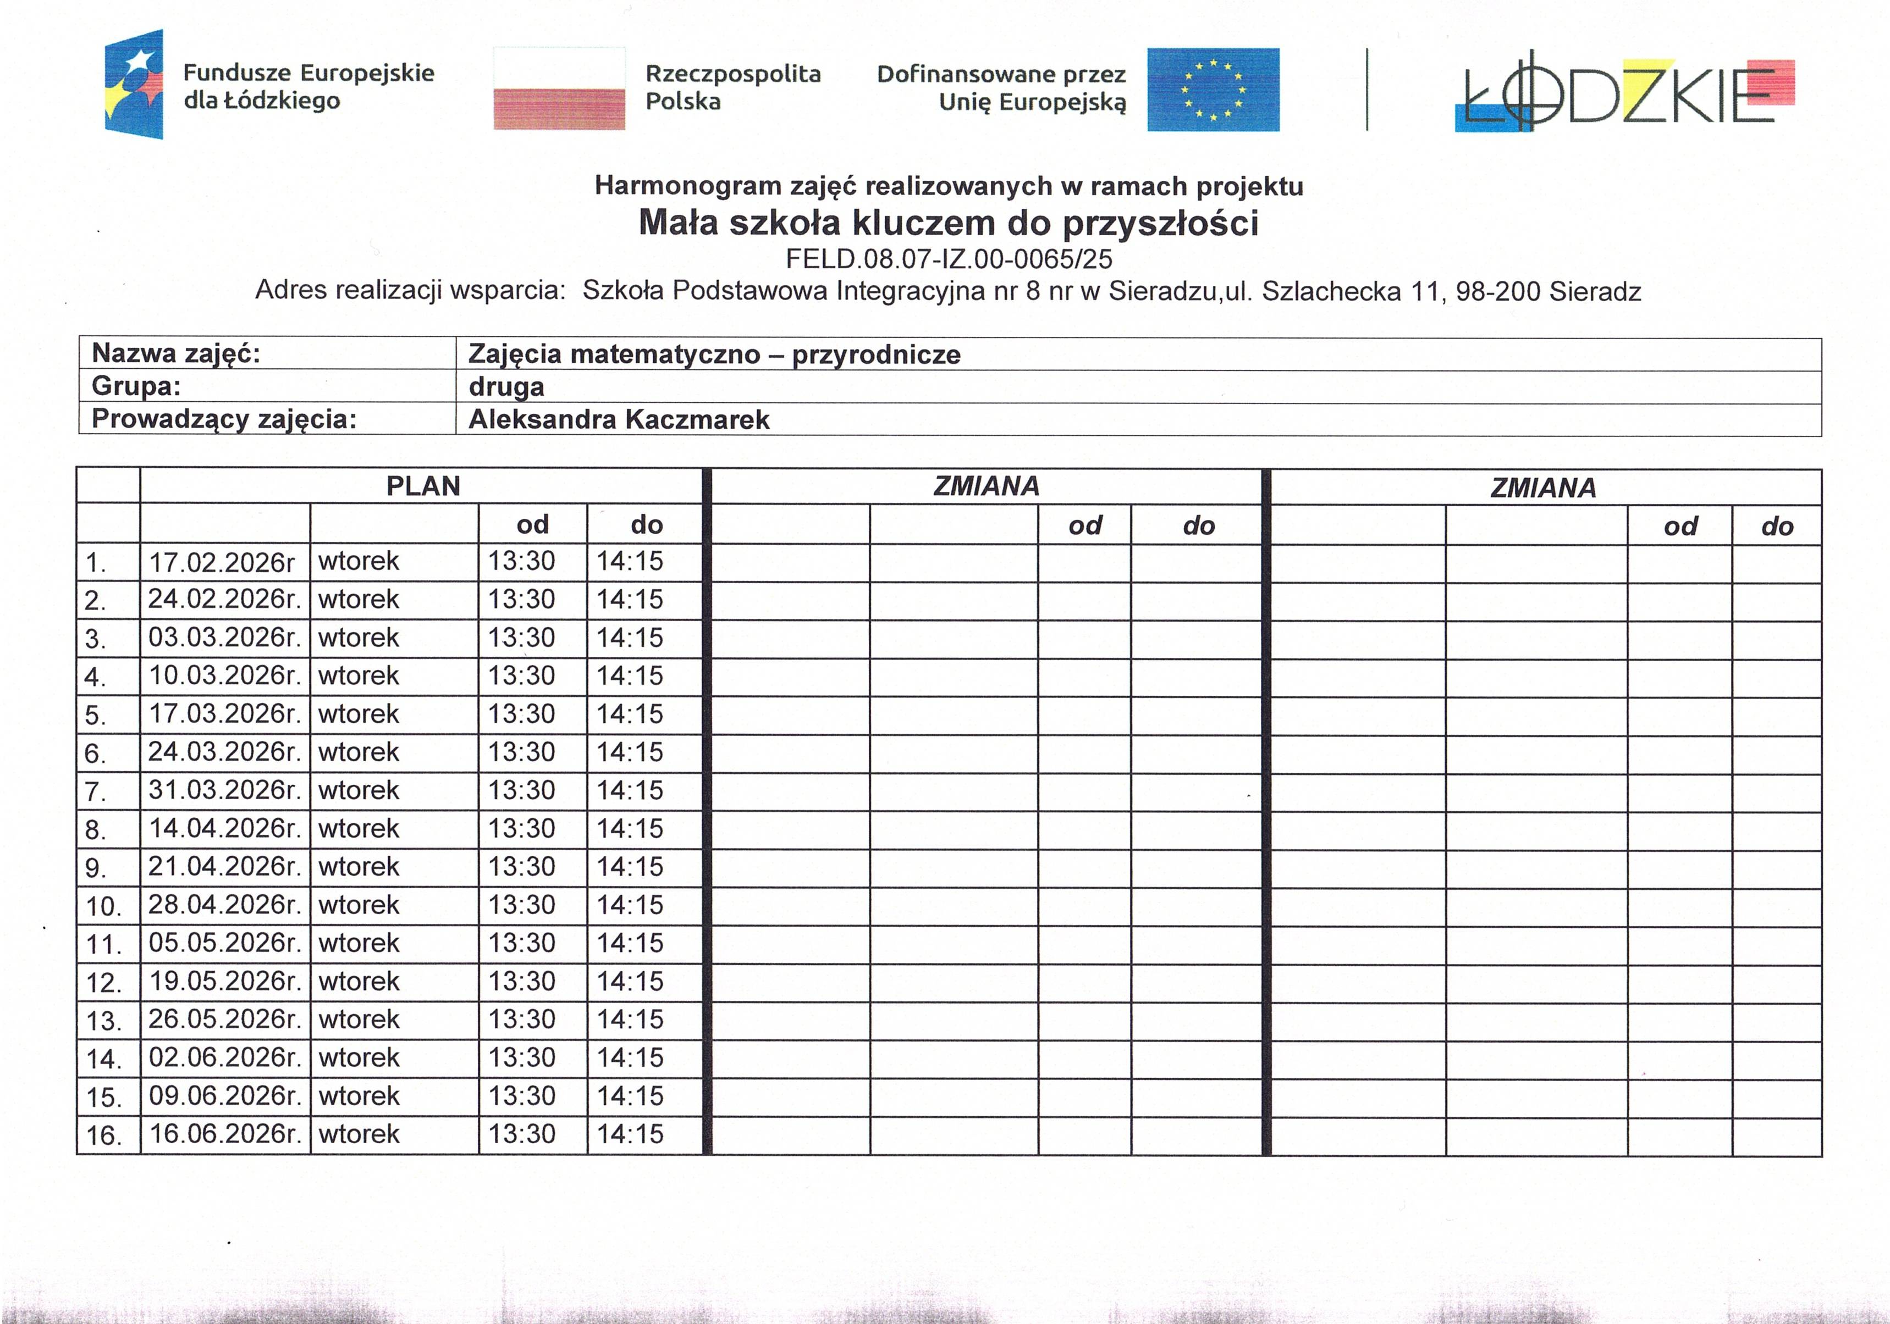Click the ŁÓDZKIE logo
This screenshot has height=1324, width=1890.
[1623, 92]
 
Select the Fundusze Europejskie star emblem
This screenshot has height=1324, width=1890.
[134, 84]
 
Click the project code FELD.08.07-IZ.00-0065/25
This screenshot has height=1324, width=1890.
[948, 259]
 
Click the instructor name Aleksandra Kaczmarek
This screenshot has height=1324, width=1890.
[618, 420]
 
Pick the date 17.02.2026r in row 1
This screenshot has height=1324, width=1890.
[222, 563]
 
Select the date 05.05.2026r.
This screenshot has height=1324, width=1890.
[224, 943]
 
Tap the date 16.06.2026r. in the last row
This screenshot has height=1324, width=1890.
[224, 1134]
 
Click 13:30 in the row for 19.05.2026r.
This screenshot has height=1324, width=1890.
[522, 982]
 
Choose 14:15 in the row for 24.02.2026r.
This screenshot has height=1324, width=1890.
[629, 600]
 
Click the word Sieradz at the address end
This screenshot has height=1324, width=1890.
[1595, 291]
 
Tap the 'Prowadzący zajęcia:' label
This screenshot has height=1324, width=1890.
[224, 420]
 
